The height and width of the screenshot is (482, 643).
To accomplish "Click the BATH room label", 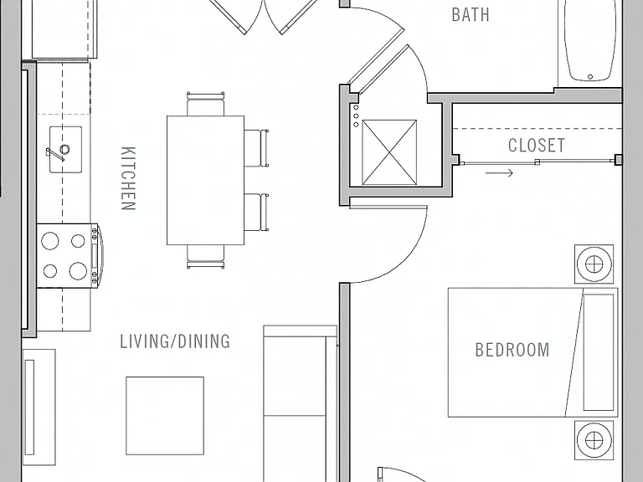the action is (x=471, y=14).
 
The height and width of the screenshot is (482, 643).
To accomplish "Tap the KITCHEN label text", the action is (x=128, y=178).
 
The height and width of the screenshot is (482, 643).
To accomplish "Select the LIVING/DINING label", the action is (x=175, y=341).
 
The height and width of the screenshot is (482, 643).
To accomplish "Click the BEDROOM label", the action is (x=512, y=350).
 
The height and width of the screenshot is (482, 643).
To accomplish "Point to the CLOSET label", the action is (x=537, y=145).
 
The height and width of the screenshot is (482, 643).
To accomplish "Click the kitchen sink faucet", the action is (x=58, y=152).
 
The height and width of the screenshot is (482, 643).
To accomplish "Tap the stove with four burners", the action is (x=68, y=256).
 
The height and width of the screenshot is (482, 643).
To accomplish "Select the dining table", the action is (x=205, y=181).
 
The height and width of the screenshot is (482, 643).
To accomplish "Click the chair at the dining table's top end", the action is (x=205, y=104).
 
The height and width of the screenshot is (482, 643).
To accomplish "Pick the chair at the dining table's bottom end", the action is (x=205, y=257).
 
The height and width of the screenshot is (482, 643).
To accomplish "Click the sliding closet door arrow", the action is (x=499, y=173).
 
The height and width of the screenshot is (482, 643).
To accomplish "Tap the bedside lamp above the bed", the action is (x=594, y=264).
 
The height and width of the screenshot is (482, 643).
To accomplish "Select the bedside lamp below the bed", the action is (x=594, y=440).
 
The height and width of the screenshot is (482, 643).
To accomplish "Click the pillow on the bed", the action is (x=599, y=352).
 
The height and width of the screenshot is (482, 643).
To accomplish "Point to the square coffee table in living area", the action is (x=165, y=416).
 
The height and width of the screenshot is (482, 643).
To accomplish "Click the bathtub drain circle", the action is (x=590, y=77).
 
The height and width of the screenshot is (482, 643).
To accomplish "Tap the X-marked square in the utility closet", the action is (x=389, y=152).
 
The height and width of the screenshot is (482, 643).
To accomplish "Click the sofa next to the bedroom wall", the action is (x=301, y=403).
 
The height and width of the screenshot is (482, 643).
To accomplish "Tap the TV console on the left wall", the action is (x=39, y=407).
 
